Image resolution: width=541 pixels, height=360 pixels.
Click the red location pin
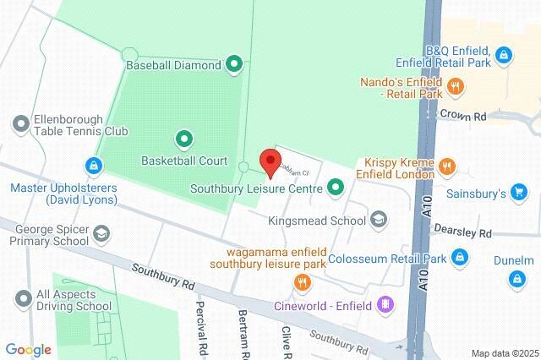(x=270, y=161)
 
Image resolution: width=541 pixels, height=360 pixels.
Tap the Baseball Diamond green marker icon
(x=234, y=63)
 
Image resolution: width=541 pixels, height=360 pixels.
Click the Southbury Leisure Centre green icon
(x=336, y=188)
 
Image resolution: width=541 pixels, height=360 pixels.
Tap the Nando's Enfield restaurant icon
(x=455, y=85)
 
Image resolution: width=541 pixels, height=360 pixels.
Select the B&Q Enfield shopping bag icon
(x=503, y=56)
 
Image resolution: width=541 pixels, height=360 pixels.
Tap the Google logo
(x=28, y=350)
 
